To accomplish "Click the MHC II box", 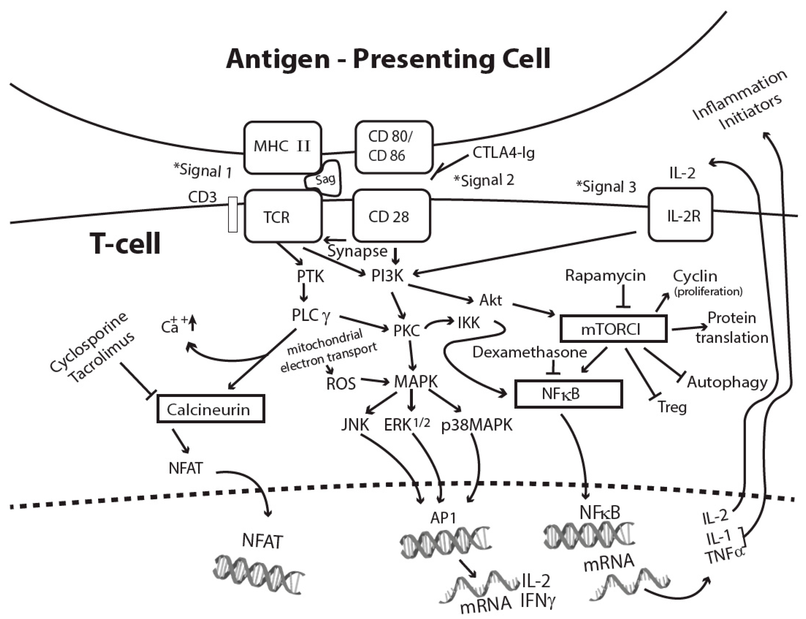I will click(282, 147).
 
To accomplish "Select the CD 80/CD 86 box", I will click(394, 147).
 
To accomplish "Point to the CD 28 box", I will click(391, 216).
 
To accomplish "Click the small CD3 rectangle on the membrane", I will click(233, 215).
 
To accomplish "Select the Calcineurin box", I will click(211, 409).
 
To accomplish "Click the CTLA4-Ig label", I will click(503, 152).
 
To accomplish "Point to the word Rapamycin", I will click(605, 276).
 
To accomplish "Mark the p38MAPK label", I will click(477, 425).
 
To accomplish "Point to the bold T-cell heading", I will click(125, 244).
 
